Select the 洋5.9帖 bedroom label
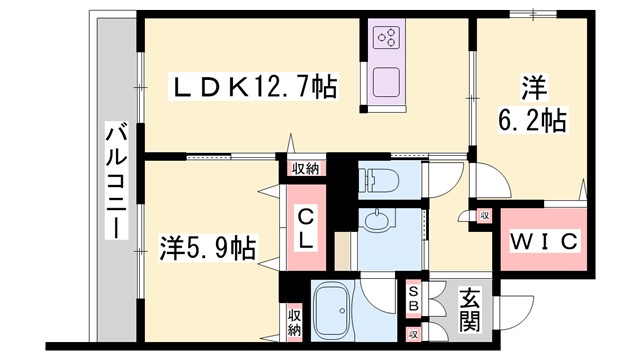(x=208, y=246)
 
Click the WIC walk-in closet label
(x=544, y=241)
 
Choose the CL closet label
(x=305, y=230)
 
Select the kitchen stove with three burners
(x=386, y=39)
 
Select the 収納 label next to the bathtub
(x=294, y=321)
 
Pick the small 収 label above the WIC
(x=483, y=216)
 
